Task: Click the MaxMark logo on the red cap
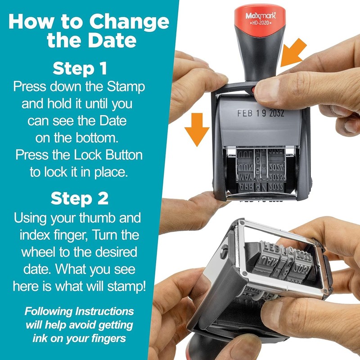point(261,16)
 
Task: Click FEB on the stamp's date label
point(245,114)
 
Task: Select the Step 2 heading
point(80,198)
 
